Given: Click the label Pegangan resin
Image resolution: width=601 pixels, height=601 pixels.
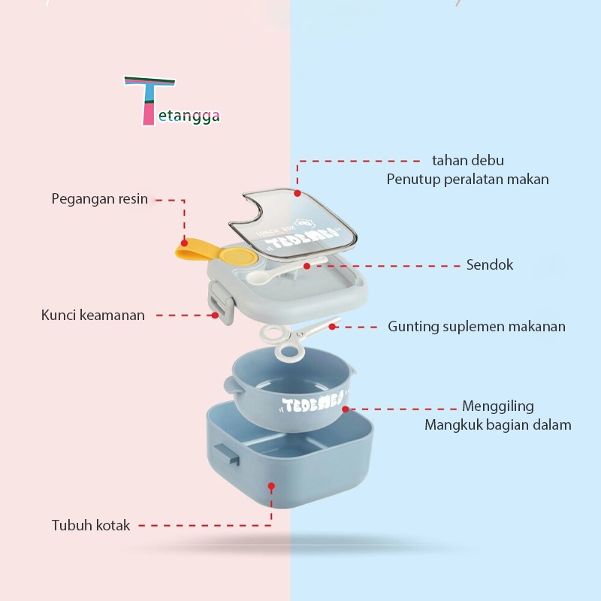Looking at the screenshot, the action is click(100, 199).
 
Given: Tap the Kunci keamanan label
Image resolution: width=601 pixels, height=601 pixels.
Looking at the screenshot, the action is click(93, 316).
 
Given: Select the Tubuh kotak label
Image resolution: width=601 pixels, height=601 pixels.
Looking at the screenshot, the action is click(91, 525).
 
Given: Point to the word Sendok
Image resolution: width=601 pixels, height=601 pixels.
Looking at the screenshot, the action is click(490, 264).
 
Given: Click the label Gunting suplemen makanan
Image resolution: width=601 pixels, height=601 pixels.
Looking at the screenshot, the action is click(476, 327).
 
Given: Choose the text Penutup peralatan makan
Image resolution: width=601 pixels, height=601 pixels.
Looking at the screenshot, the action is click(467, 180).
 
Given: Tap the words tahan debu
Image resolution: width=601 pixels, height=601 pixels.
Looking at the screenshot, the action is click(467, 161).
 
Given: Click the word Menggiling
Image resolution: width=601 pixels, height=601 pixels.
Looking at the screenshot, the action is click(497, 406).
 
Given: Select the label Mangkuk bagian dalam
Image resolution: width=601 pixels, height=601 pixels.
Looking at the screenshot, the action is click(497, 425).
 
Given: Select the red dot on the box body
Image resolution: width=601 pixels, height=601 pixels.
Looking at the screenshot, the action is click(272, 485).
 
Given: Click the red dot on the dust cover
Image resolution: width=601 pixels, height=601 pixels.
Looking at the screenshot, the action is click(297, 193).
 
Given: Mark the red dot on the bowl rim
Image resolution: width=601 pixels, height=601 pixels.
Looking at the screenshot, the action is click(345, 409).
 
